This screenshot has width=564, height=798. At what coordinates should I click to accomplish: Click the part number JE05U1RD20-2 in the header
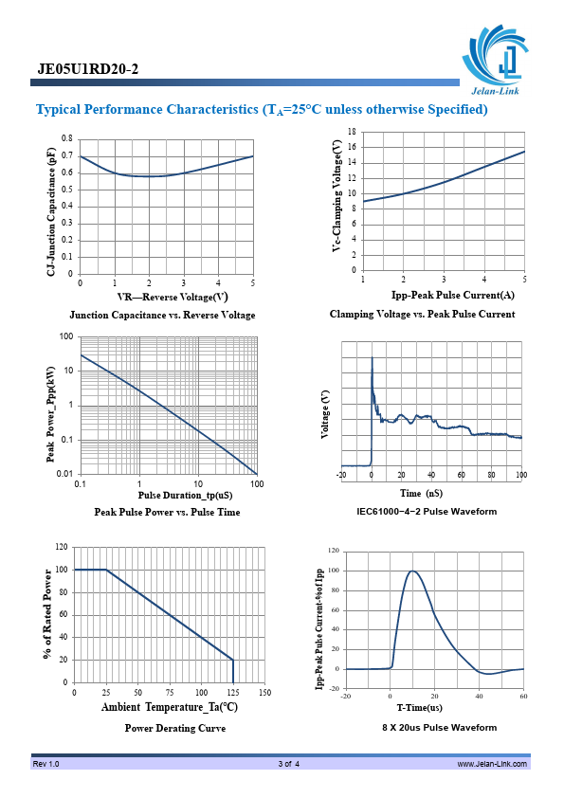pyautogui.click(x=87, y=69)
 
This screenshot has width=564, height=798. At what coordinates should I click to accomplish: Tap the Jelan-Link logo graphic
pyautogui.click(x=496, y=60)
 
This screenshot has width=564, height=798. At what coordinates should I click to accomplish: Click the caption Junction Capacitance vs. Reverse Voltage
pyautogui.click(x=162, y=315)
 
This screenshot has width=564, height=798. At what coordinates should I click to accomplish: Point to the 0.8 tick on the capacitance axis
pyautogui.click(x=67, y=138)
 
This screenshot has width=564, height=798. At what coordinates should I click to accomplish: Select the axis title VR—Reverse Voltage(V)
pyautogui.click(x=173, y=298)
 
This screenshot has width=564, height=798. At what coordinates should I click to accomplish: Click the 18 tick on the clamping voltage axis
pyautogui.click(x=352, y=132)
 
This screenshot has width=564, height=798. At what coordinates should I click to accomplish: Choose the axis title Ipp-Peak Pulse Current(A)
pyautogui.click(x=452, y=295)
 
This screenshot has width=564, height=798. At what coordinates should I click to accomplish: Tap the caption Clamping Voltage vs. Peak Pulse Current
pyautogui.click(x=422, y=314)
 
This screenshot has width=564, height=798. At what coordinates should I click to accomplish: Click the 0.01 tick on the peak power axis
pyautogui.click(x=65, y=474)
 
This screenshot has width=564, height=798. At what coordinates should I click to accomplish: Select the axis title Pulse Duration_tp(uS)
pyautogui.click(x=185, y=495)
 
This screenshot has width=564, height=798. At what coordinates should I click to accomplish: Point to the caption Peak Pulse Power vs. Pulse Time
pyautogui.click(x=167, y=512)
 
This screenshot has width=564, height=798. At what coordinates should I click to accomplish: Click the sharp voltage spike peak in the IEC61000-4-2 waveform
pyautogui.click(x=372, y=358)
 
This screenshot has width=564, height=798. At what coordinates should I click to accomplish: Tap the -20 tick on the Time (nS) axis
pyautogui.click(x=341, y=475)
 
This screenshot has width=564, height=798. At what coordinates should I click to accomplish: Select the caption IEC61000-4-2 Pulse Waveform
pyautogui.click(x=427, y=512)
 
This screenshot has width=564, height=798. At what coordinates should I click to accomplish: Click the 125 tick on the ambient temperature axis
pyautogui.click(x=233, y=692)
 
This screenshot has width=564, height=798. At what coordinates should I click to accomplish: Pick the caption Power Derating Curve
pyautogui.click(x=175, y=728)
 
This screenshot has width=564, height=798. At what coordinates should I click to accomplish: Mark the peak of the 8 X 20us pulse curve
pyautogui.click(x=411, y=571)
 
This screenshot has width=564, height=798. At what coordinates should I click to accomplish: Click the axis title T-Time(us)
pyautogui.click(x=419, y=708)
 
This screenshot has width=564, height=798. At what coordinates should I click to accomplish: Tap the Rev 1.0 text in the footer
pyautogui.click(x=45, y=764)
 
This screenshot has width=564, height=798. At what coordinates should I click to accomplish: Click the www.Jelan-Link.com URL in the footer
pyautogui.click(x=492, y=764)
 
